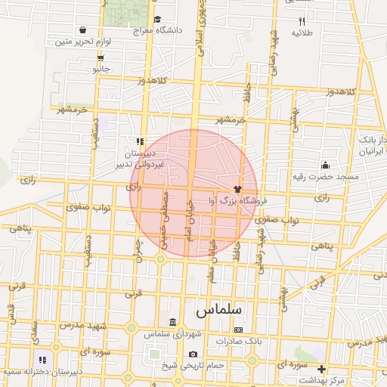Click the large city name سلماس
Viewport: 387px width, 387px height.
[x=218, y=310]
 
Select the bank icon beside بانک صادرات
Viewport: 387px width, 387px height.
[x=239, y=330]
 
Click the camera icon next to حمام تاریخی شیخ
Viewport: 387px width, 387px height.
[x=193, y=354]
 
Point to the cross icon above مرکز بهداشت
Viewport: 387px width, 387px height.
[x=321, y=369]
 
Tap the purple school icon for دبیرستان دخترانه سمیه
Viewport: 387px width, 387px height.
[x=42, y=360]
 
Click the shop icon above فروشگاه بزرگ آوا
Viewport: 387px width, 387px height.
[x=237, y=190]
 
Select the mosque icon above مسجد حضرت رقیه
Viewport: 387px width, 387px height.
[x=325, y=165]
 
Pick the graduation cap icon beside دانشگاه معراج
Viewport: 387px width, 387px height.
[x=156, y=20]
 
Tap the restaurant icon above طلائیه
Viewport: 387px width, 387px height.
[x=302, y=21]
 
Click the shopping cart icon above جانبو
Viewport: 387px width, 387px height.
[x=101, y=57]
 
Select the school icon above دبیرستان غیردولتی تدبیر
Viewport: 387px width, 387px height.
[x=140, y=141]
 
